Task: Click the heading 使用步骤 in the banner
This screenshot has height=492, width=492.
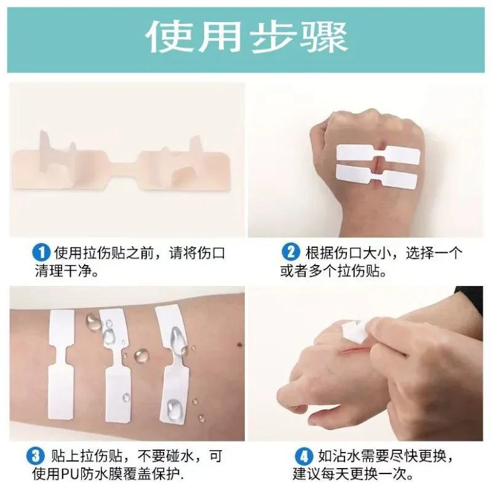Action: (x=246, y=38)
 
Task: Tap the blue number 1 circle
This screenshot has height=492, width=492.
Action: (x=41, y=252)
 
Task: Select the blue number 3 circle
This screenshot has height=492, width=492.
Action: (x=35, y=456)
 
